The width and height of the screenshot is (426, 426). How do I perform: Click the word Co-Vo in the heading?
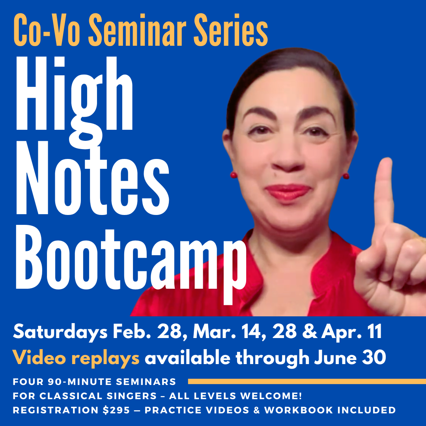click(47, 30)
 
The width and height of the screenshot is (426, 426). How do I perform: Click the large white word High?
click(75, 97)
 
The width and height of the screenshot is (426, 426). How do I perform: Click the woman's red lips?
click(288, 192)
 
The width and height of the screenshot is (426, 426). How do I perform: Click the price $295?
click(116, 410)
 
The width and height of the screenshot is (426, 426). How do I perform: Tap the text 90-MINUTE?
click(80, 382)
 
